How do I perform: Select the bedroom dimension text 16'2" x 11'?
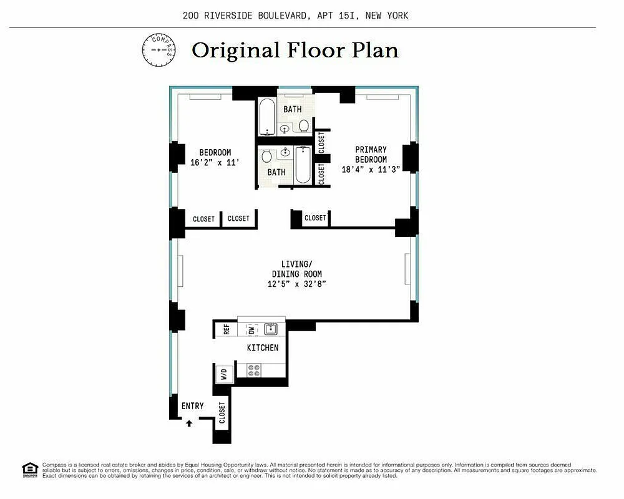pos(215,162)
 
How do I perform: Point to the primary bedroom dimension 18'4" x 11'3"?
pos(371,168)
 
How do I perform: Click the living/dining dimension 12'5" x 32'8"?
pos(296,284)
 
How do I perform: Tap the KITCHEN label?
pos(263,347)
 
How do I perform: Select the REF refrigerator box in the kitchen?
pos(226,329)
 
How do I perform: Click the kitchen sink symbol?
pos(271,329)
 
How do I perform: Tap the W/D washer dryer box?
pos(223,374)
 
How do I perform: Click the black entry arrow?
pos(189,423)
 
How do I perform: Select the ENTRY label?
pos(192,406)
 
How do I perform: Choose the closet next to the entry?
pos(222,412)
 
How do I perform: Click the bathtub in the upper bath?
pos(266,117)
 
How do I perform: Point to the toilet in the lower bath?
pos(265,156)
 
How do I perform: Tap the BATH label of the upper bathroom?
pos(293,109)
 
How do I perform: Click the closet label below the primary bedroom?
pos(314,218)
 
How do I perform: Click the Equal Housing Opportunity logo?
pos(29,468)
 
